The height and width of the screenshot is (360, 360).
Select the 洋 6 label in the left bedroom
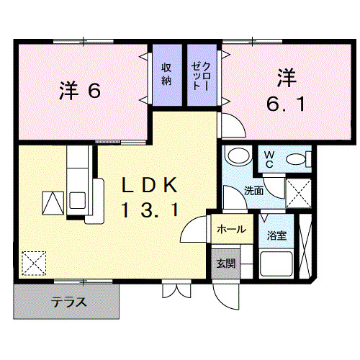[x=78, y=91]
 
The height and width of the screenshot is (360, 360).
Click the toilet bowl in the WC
[x=297, y=159]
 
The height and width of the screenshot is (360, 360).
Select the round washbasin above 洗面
[x=235, y=156]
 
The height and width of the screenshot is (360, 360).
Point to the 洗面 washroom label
[x=253, y=192]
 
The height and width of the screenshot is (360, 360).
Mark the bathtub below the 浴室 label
[x=276, y=264]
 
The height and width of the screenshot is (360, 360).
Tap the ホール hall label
[x=230, y=230]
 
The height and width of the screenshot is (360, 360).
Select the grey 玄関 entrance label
[x=225, y=264]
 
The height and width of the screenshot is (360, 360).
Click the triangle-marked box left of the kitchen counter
[x=53, y=204]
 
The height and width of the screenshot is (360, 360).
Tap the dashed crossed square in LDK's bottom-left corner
[x=33, y=263]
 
